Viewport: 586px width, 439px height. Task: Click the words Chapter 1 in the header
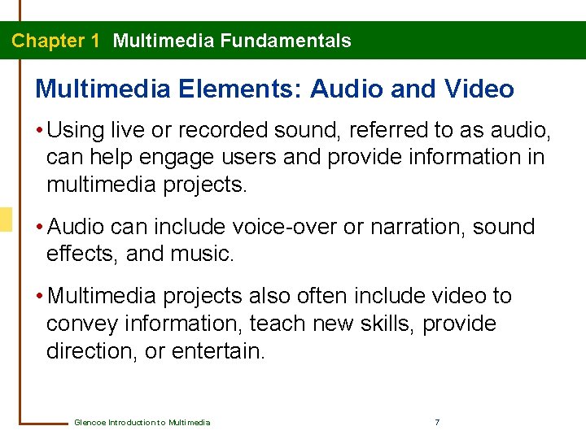coord(55,41)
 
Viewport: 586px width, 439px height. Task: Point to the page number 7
coord(438,423)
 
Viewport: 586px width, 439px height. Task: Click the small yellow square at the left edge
coord(6,219)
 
